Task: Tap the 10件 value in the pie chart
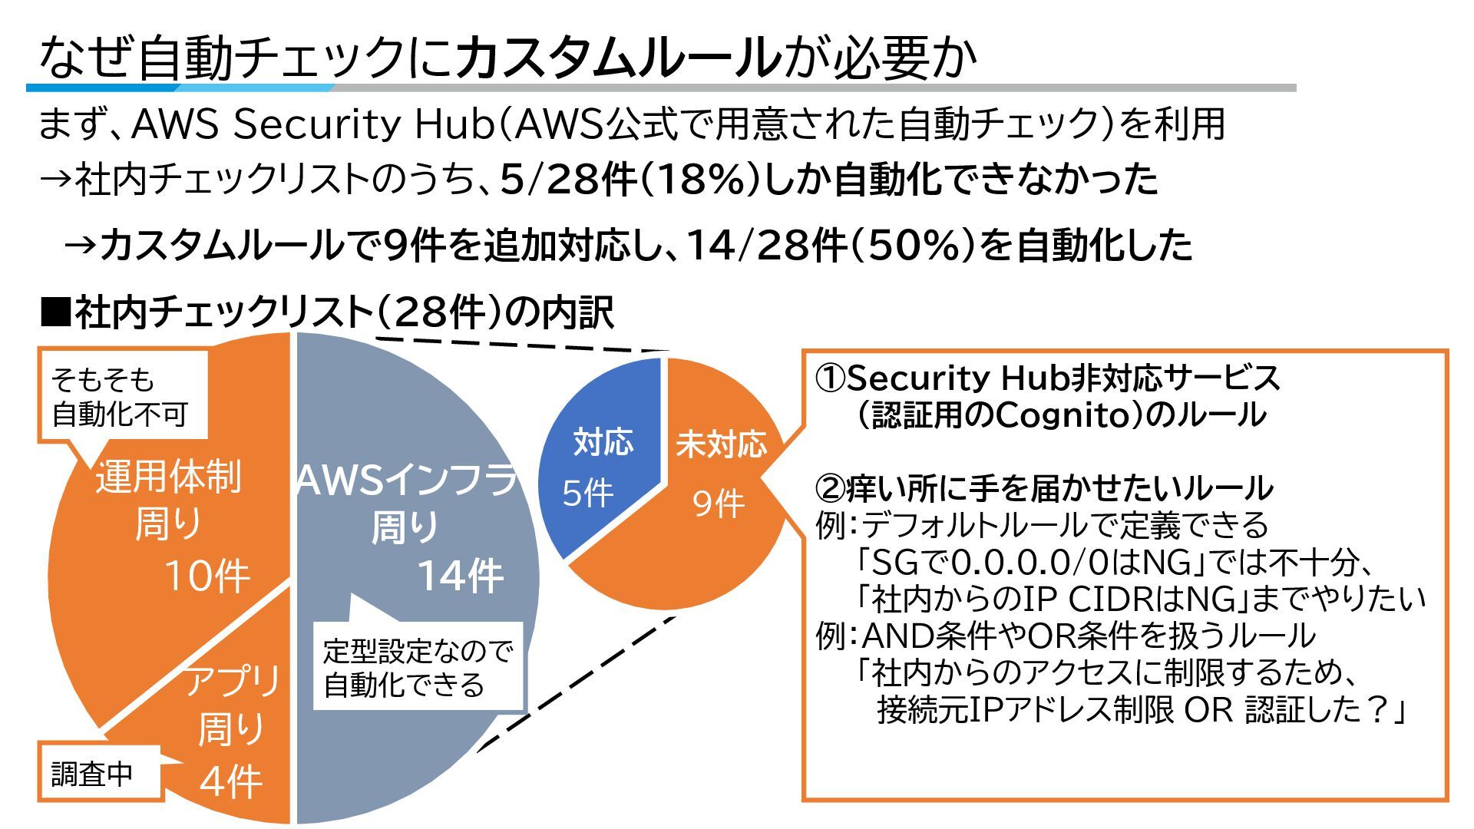pos(207,576)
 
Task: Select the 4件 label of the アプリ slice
pos(230,783)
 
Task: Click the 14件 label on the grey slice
pos(460,576)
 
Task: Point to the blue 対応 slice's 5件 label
pos(587,493)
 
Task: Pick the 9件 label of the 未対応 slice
pos(718,504)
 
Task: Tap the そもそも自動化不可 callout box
pos(123,397)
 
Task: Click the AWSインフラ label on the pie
pos(407,480)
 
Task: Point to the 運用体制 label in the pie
pos(168,477)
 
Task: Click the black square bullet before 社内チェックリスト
pos(55,312)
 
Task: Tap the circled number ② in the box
pos(830,488)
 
